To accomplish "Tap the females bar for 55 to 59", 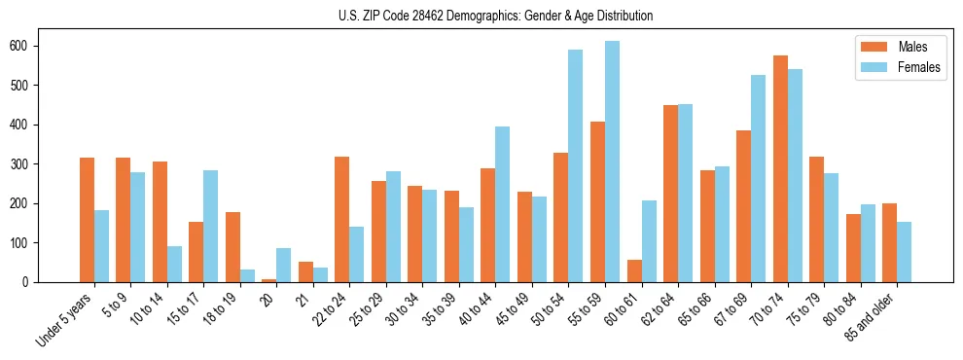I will (612, 162).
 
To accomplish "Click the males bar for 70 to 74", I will (780, 168).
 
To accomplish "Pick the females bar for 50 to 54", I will (576, 165).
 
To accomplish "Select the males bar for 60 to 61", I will (634, 270).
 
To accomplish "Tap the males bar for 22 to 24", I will (342, 219).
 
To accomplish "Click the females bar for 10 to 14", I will (174, 264).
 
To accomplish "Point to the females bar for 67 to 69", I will (758, 178).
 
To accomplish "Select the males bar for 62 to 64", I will (670, 194).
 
